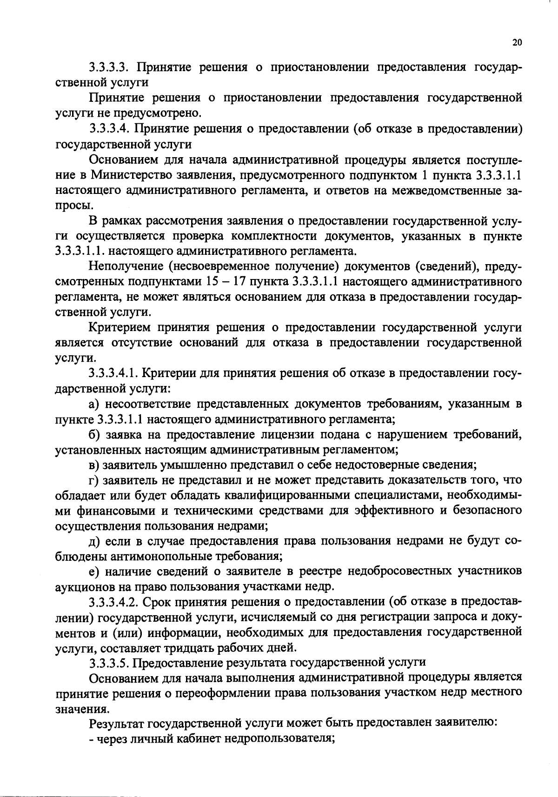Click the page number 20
point(517,43)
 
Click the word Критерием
point(119,328)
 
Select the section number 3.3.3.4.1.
point(113,373)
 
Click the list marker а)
point(94,405)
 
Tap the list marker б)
point(94,435)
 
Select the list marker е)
point(94,571)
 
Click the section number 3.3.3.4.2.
point(113,602)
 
